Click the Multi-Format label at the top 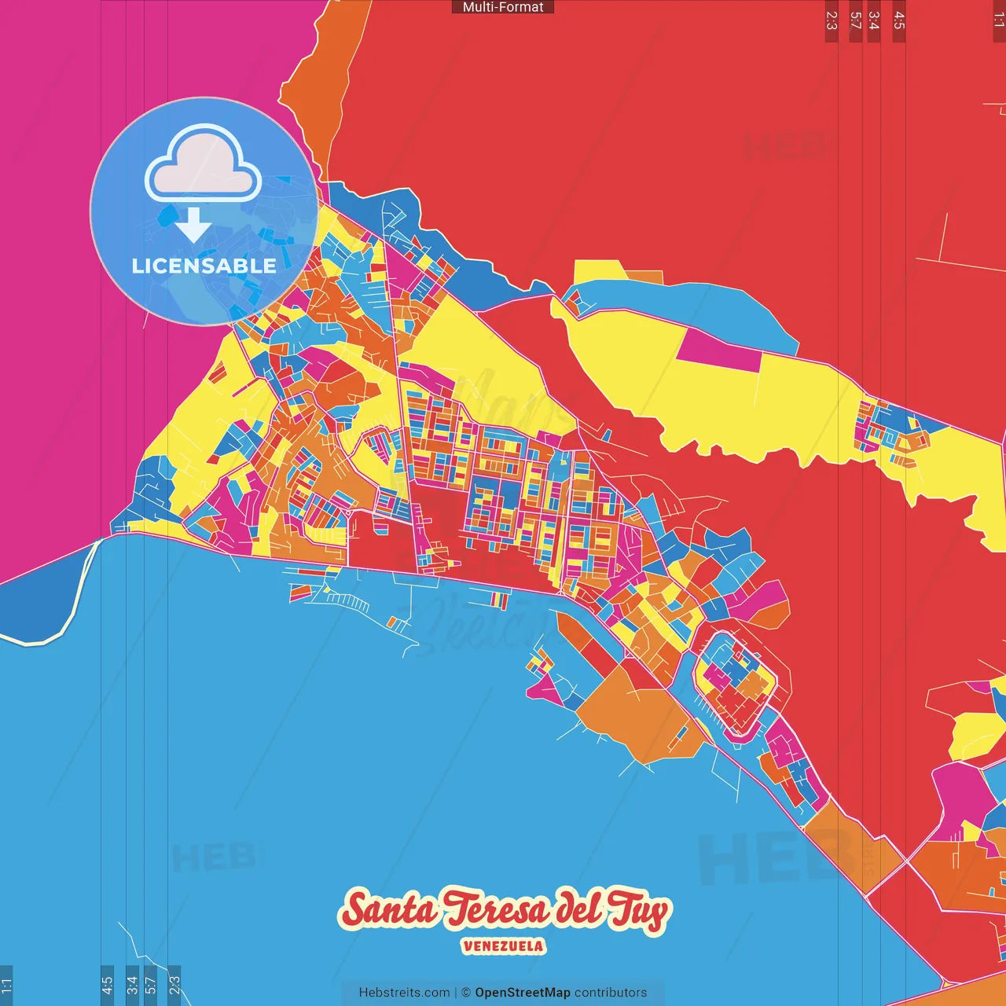tap(503, 7)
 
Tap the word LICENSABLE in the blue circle tap(204, 266)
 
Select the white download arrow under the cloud tap(193, 226)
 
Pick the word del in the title tap(578, 908)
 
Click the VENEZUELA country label tap(503, 946)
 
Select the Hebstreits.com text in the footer tap(404, 993)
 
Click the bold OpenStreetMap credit tap(523, 993)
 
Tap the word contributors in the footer tap(611, 993)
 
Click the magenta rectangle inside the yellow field tap(718, 351)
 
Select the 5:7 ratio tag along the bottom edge tap(151, 985)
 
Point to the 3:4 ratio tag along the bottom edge tap(132, 985)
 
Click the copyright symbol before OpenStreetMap tap(466, 993)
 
